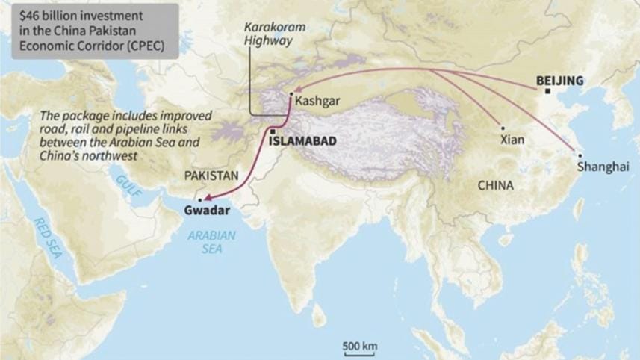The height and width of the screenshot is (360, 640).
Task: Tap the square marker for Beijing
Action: pos(548,91)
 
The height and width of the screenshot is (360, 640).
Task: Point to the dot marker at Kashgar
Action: pos(291,94)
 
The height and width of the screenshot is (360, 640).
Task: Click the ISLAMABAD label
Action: pos(302,140)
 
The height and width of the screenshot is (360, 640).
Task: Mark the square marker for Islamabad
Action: pos(273,131)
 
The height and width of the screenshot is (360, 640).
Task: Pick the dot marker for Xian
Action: pos(503,127)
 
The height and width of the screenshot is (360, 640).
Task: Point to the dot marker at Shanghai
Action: pos(580,155)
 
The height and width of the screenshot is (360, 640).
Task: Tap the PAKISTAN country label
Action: pos(212,176)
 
